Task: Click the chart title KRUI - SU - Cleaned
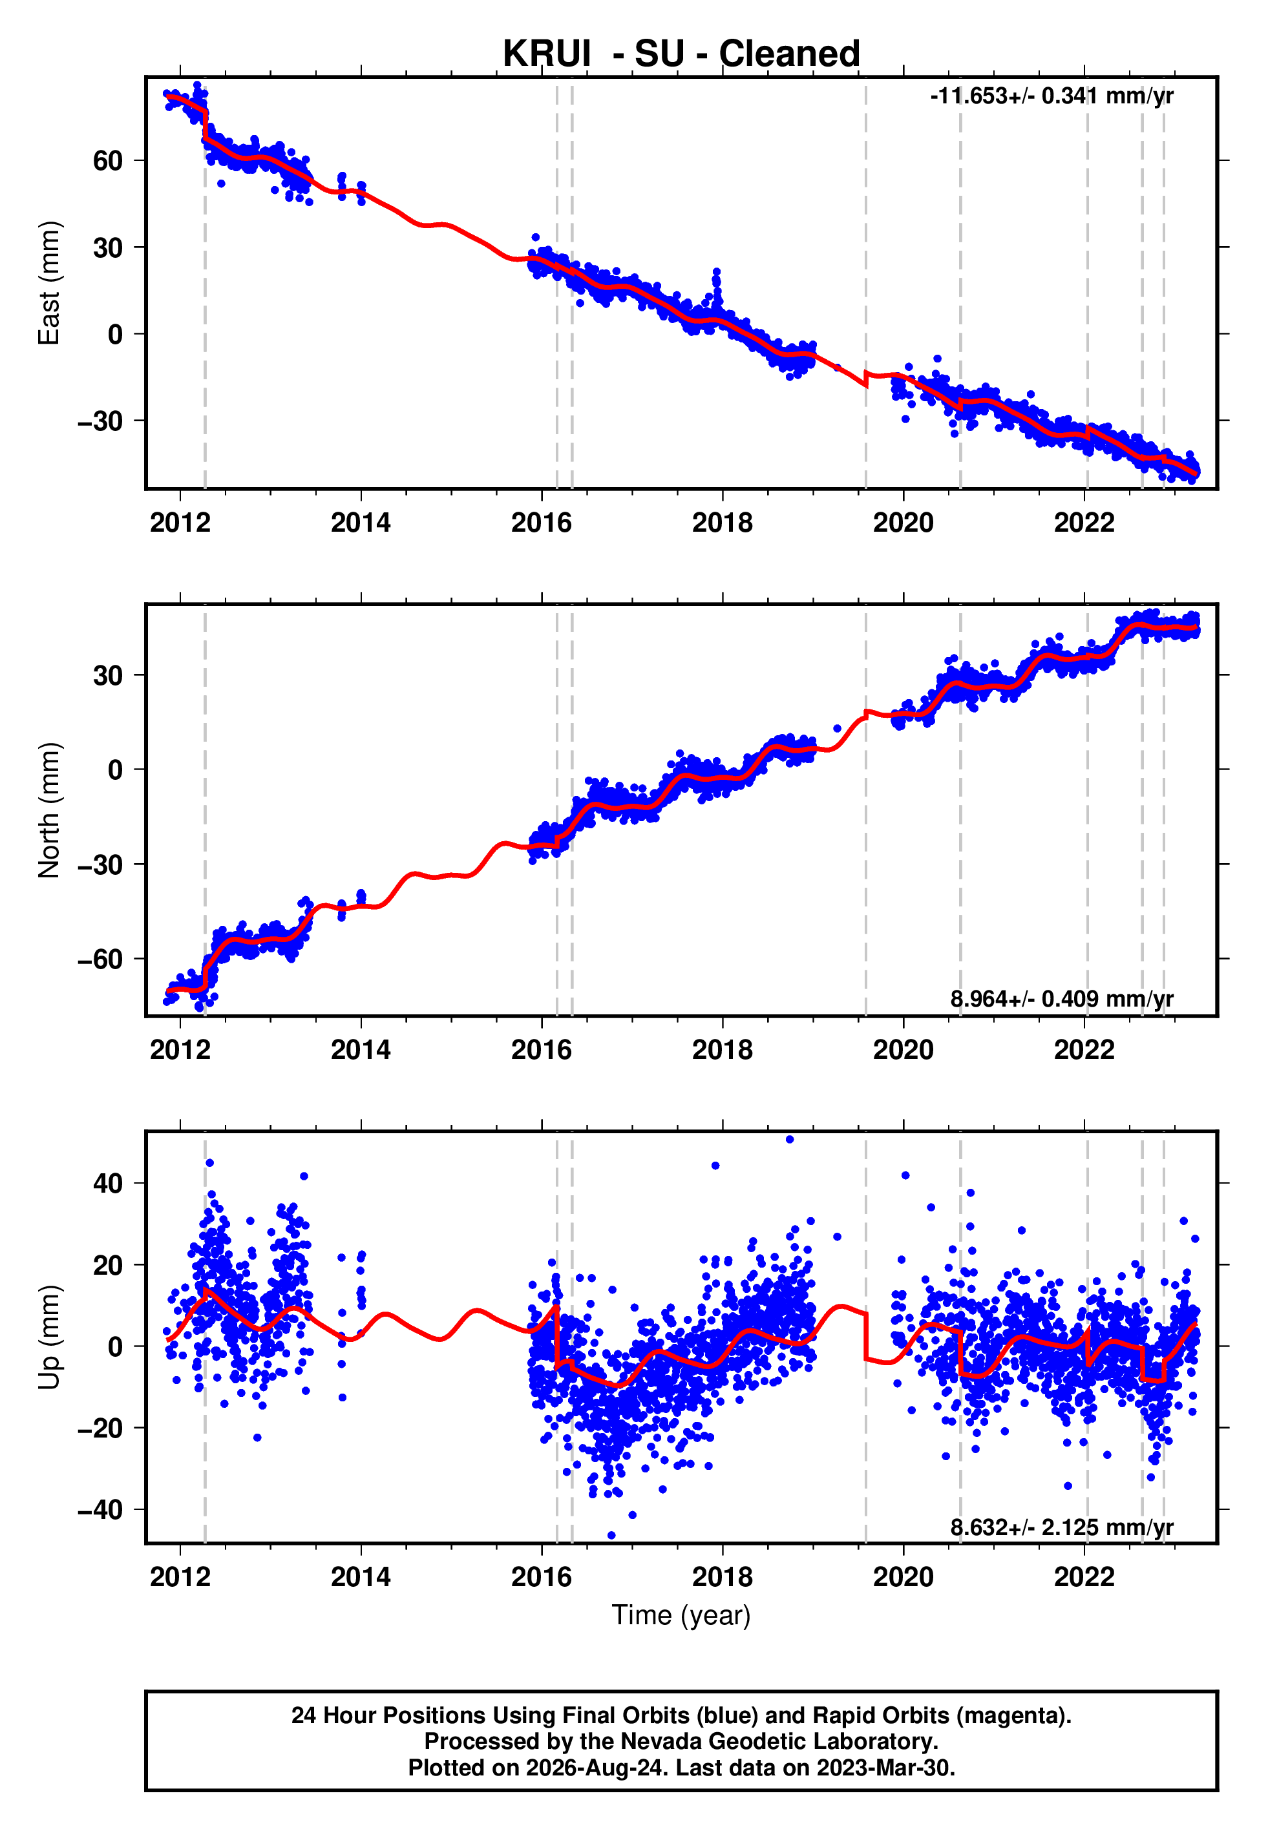pyautogui.click(x=681, y=54)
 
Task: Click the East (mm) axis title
pyautogui.click(x=49, y=283)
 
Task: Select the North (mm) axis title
pyautogui.click(x=49, y=810)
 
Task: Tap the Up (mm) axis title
pyautogui.click(x=49, y=1337)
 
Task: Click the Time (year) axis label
pyautogui.click(x=681, y=1616)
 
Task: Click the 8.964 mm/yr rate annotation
pyautogui.click(x=1061, y=999)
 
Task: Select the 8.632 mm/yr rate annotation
pyautogui.click(x=1061, y=1527)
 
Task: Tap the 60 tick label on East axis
pyautogui.click(x=108, y=161)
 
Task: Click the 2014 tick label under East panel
pyautogui.click(x=361, y=523)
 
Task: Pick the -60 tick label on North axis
pyautogui.click(x=100, y=959)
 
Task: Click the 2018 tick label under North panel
pyautogui.click(x=722, y=1050)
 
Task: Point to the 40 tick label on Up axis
pyautogui.click(x=108, y=1184)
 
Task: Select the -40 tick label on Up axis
pyautogui.click(x=100, y=1509)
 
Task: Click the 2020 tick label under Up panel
pyautogui.click(x=903, y=1577)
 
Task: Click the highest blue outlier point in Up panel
pyautogui.click(x=790, y=1140)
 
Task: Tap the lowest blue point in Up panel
pyautogui.click(x=611, y=1536)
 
